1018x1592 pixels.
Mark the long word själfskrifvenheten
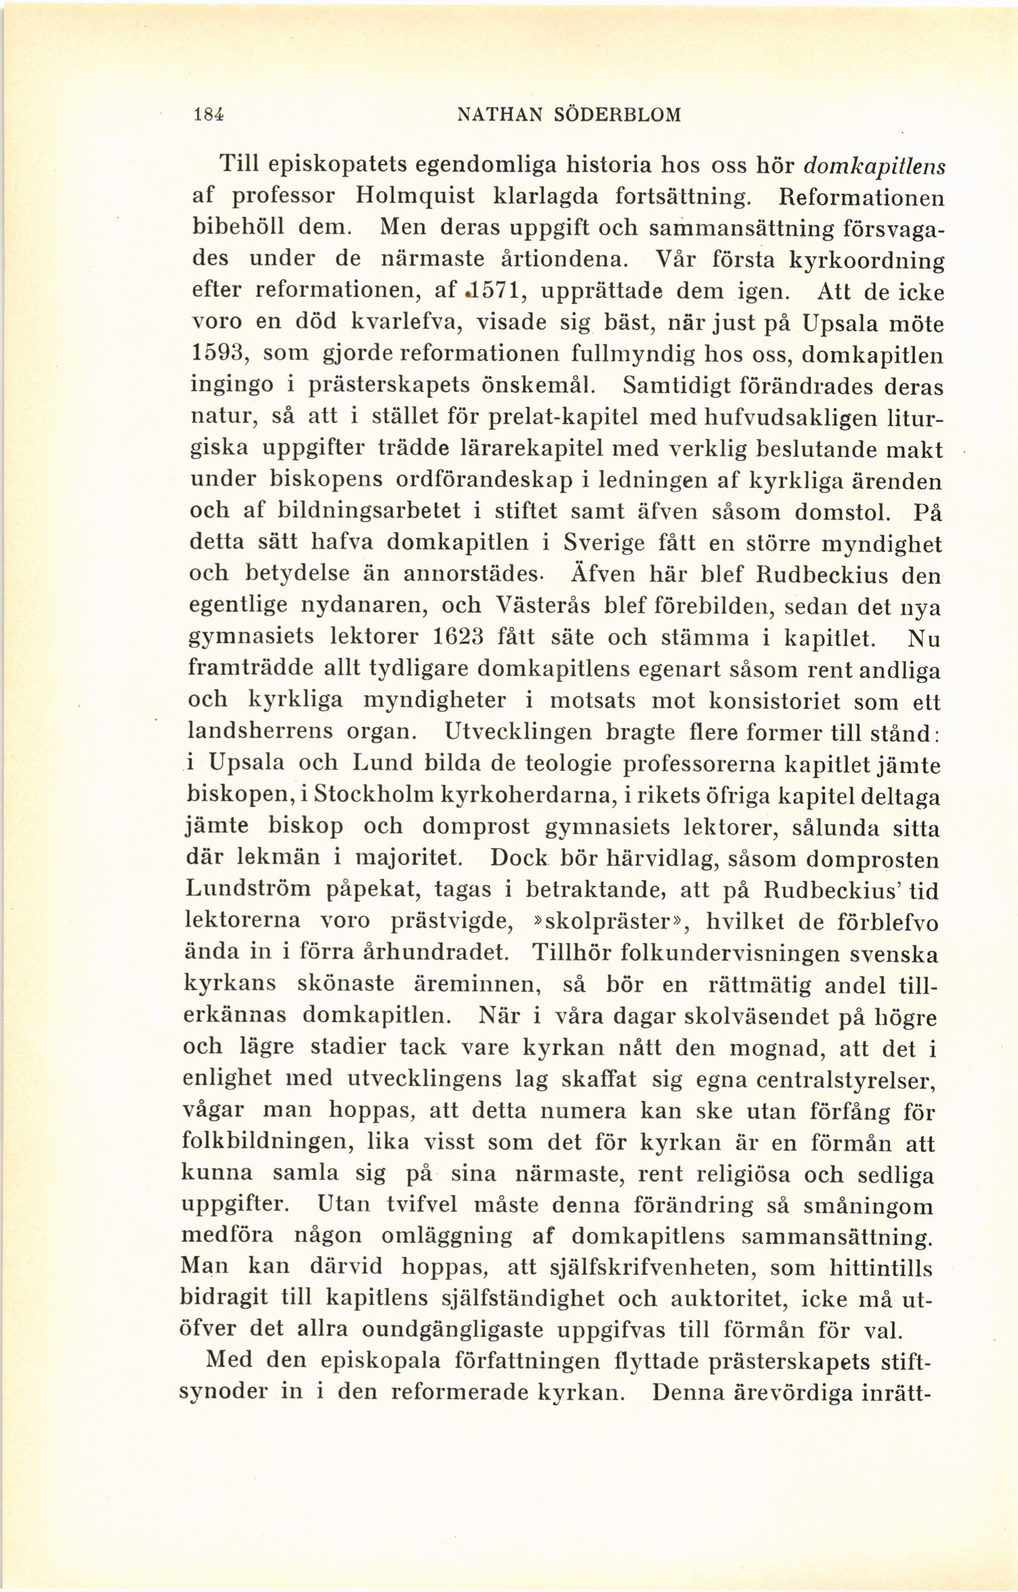[651, 1270]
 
